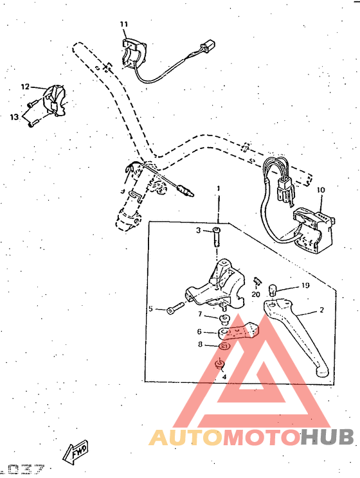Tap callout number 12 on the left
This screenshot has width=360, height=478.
[x=25, y=86]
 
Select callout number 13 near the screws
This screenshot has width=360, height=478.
[x=14, y=116]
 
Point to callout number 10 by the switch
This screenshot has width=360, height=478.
[x=321, y=190]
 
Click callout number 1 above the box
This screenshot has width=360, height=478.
[x=218, y=188]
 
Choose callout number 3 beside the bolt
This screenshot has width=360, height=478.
[x=199, y=229]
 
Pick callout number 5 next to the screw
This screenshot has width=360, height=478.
[x=151, y=309]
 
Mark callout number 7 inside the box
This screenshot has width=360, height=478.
[x=200, y=314]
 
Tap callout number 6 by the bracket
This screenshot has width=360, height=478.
[x=199, y=332]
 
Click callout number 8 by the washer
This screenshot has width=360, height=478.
[x=200, y=345]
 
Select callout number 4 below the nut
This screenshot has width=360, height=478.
[x=224, y=377]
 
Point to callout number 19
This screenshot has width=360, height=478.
[x=306, y=285]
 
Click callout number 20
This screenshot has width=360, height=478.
[x=255, y=294]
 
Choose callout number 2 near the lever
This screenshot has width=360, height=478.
[x=321, y=310]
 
